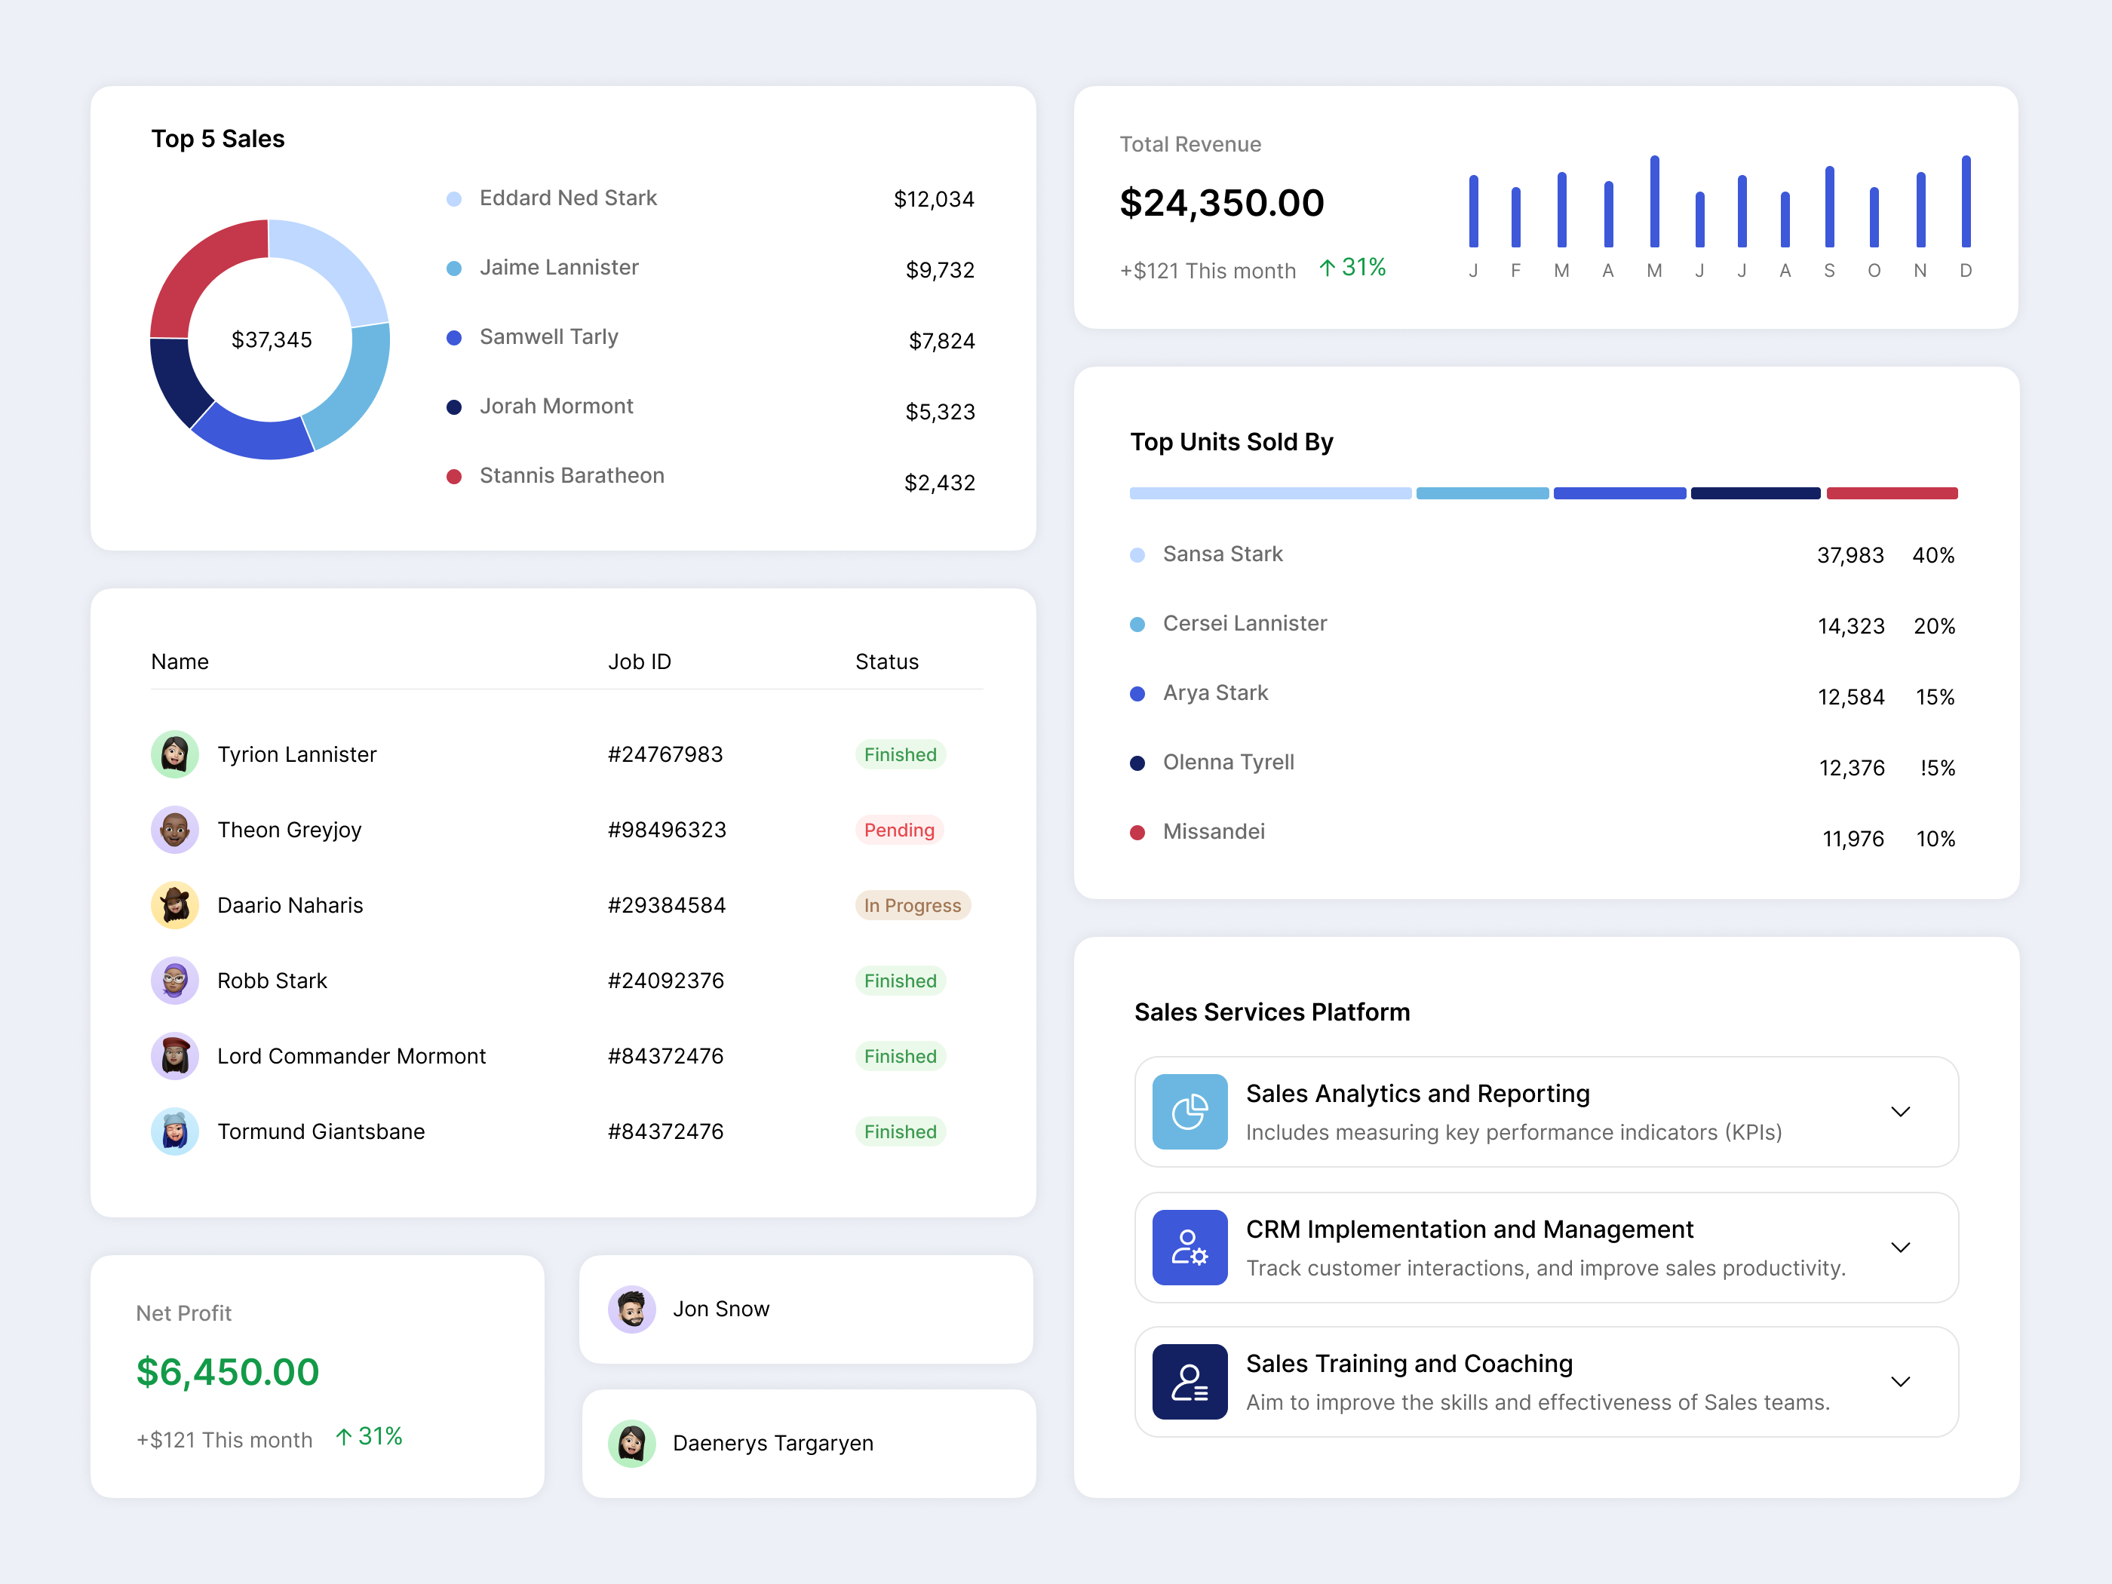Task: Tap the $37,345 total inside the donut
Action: pos(271,340)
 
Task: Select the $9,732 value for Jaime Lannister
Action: pos(940,270)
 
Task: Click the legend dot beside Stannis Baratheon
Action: pos(455,477)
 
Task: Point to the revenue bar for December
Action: pos(1966,201)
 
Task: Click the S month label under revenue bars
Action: pos(1828,271)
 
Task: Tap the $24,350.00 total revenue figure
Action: pos(1221,202)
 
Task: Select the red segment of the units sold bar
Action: pos(1892,493)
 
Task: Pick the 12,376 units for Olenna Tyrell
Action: pos(1850,768)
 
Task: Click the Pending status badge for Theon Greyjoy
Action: pos(898,830)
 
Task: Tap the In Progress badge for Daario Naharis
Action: pos(912,905)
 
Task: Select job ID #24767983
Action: pos(665,754)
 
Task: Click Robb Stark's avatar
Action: pos(175,981)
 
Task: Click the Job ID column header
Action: pos(639,662)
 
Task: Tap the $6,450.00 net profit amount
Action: pos(227,1372)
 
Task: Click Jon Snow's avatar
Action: pos(631,1309)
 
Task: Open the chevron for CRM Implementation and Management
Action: pos(1900,1248)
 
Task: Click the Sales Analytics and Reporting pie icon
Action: pos(1189,1111)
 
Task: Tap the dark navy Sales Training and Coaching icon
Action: pos(1189,1382)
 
